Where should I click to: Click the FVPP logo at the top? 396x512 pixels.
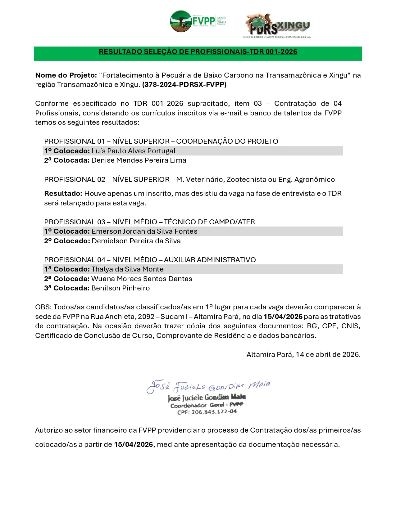(198, 21)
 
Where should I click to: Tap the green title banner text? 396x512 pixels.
(198, 52)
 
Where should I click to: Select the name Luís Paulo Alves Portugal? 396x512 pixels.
(134, 151)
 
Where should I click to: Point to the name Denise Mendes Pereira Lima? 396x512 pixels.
(139, 160)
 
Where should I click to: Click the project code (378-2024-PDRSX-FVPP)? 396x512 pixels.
(184, 85)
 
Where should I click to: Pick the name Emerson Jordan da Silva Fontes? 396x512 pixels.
(144, 231)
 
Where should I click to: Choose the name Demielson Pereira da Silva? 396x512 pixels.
(136, 241)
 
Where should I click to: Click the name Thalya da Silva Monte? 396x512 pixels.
(127, 269)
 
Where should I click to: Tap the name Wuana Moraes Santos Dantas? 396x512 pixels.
(142, 279)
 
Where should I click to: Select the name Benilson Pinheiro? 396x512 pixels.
(121, 288)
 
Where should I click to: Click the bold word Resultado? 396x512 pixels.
(63, 194)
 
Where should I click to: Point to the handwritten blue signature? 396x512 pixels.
(208, 387)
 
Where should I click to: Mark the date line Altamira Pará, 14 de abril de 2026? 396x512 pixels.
(303, 355)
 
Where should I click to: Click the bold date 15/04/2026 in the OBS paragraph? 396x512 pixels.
(283, 317)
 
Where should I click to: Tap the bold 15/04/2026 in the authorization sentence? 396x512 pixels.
(133, 445)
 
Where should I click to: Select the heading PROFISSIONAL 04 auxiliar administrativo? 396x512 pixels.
(150, 260)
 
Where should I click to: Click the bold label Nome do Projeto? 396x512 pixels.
(66, 75)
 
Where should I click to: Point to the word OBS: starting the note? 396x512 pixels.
(43, 307)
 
